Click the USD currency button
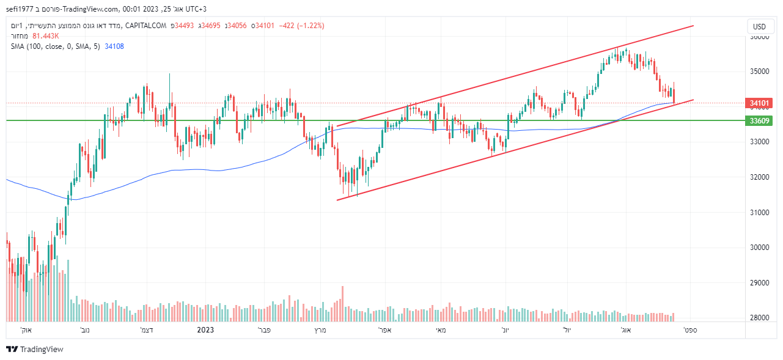759,26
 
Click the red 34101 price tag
759,103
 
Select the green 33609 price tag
759,120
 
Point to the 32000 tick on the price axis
759,177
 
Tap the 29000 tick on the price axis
759,283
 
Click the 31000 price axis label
759,212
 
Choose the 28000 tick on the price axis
759,318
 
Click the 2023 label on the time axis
205,330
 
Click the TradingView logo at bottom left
35,349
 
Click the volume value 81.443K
46,36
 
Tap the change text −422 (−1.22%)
301,26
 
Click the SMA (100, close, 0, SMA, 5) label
55,46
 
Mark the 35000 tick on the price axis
759,72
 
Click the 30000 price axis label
759,248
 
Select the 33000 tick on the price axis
759,142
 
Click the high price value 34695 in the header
212,26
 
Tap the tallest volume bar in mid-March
342,303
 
